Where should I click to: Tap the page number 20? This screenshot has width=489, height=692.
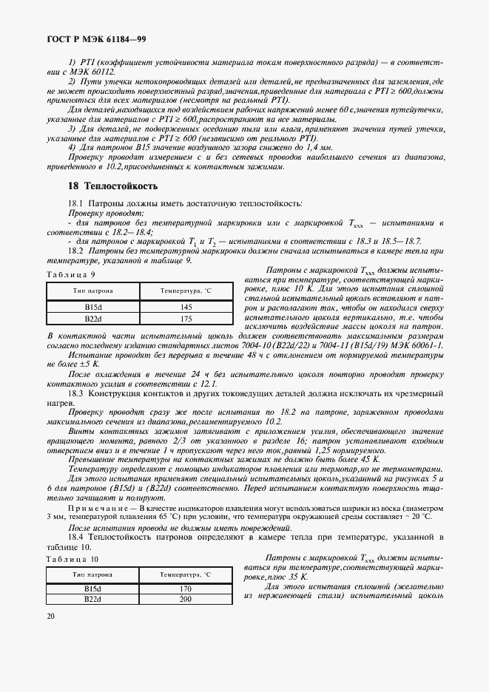pos(50,616)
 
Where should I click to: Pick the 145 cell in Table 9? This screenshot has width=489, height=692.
pos(186,307)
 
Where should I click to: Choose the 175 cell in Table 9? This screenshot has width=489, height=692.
pos(186,319)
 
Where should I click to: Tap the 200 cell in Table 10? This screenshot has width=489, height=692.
pos(186,600)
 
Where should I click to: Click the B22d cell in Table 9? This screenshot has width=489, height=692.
pos(93,319)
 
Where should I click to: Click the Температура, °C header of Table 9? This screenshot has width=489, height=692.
pos(186,292)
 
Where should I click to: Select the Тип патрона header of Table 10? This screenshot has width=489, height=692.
pos(93,574)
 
